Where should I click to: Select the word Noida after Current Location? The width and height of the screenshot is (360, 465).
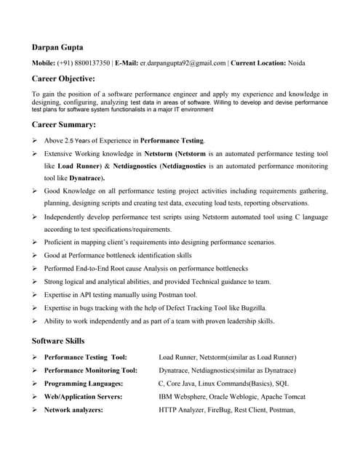click(297, 63)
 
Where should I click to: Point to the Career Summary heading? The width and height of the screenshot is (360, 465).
click(64, 124)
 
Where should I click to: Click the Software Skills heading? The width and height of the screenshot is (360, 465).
click(58, 341)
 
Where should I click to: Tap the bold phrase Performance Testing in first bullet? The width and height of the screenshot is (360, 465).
click(172, 140)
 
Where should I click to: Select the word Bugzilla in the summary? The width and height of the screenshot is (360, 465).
click(250, 307)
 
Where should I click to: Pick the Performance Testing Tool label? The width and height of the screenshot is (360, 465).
click(85, 357)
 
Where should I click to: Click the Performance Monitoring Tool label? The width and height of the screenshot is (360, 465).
click(90, 371)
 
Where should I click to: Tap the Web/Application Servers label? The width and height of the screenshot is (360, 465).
click(83, 397)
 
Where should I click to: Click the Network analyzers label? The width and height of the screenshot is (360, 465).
click(73, 410)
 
